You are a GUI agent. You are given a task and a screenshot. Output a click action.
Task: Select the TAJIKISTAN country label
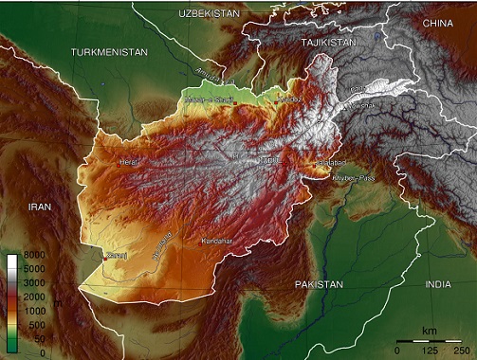click(327, 44)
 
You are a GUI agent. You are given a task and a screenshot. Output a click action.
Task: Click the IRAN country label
click(40, 206)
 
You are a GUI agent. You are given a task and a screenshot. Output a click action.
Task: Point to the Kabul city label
click(269, 160)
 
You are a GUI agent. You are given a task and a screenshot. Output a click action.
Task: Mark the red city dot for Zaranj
click(103, 254)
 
